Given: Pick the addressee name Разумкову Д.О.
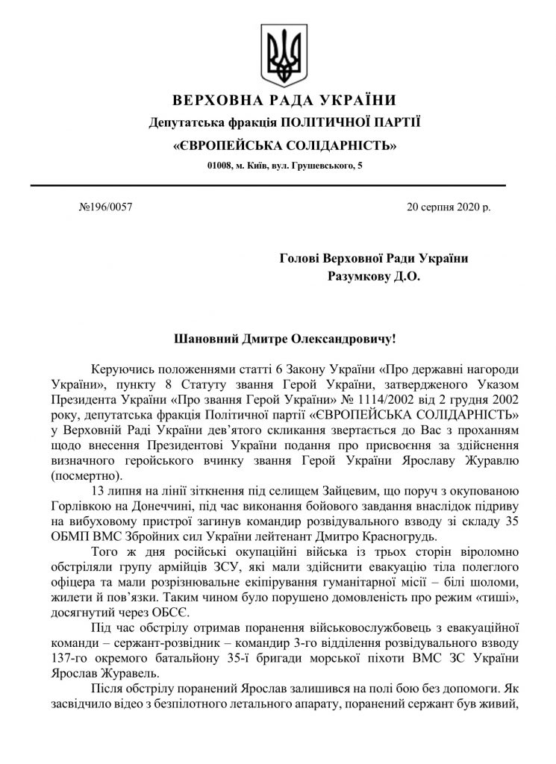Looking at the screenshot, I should pyautogui.click(x=375, y=277).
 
